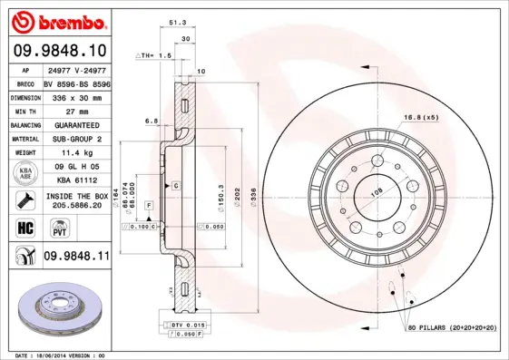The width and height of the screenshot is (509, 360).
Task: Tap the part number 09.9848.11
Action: tap(76, 257)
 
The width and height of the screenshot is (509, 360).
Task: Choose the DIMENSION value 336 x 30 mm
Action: tap(76, 94)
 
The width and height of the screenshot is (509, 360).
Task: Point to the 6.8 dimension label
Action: tap(152, 120)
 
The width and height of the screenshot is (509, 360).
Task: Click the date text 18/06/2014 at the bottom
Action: tap(56, 355)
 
